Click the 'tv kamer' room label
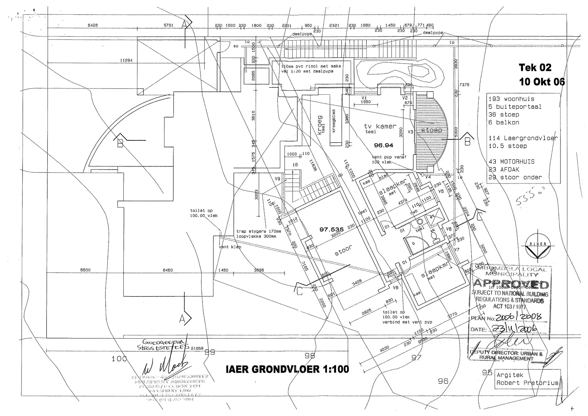click(x=380, y=127)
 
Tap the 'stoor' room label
click(x=343, y=250)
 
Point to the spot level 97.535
click(x=331, y=229)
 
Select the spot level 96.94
click(x=383, y=145)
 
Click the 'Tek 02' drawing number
click(x=535, y=68)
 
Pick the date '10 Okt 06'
click(x=542, y=82)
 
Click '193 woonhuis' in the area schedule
click(x=511, y=99)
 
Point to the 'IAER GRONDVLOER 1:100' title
click(x=287, y=369)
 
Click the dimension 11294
click(x=126, y=61)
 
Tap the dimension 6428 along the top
click(x=93, y=25)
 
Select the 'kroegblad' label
click(x=334, y=121)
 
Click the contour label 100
click(x=119, y=359)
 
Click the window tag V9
click(x=277, y=179)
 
